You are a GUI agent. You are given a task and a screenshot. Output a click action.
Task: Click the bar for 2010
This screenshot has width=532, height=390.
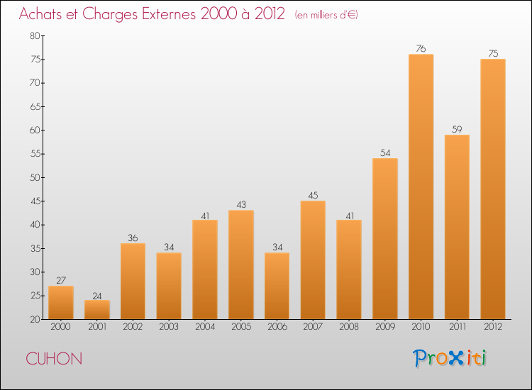point(421,186)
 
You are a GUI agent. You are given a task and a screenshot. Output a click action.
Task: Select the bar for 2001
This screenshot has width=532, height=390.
point(97,310)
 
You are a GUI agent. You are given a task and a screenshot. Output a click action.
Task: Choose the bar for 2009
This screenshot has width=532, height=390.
point(385,238)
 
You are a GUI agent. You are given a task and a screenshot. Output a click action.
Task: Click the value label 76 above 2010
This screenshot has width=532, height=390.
point(421,49)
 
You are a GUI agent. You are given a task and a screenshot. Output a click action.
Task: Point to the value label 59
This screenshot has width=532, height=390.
point(457,130)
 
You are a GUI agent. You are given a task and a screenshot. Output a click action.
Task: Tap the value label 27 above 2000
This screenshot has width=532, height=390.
point(61,281)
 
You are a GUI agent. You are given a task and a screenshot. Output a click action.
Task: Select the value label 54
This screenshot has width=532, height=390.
point(385,153)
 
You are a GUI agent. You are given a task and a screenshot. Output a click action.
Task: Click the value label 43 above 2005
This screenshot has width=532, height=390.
point(241,205)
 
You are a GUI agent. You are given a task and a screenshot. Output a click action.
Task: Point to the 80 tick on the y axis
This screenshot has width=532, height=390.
point(34,35)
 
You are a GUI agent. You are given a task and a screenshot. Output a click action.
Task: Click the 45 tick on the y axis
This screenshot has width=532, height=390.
point(34,201)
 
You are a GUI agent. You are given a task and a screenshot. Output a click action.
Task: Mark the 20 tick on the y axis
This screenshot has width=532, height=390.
point(34,320)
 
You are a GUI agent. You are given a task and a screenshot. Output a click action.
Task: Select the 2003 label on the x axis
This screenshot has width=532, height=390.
point(169,328)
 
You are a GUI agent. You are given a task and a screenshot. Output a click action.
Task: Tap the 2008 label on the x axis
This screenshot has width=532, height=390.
point(349,328)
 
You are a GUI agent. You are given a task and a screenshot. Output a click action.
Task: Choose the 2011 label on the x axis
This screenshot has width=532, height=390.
point(457,328)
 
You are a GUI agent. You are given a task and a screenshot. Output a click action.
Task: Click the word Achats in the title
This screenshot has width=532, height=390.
point(43,14)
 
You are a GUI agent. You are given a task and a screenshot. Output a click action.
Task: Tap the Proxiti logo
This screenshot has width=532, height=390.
point(450,358)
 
